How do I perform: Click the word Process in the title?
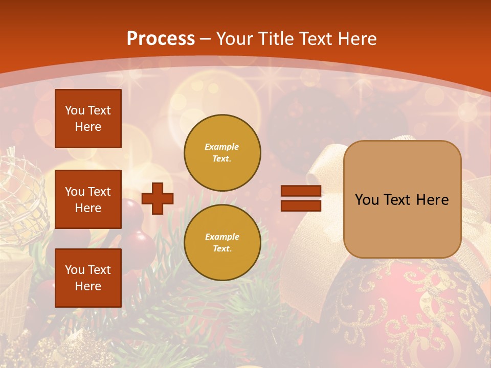pos(161,39)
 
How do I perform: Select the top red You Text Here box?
pos(88,119)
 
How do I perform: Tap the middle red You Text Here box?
pos(88,199)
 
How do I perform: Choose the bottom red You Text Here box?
pos(88,278)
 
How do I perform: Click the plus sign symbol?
pos(158,198)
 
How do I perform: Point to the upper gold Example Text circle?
pos(222,153)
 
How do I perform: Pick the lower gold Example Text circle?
pos(222,243)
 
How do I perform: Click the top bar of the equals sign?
pos(301,191)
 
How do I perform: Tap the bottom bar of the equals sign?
pos(301,205)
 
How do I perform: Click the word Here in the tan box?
pos(432,200)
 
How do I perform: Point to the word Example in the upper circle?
pos(222,147)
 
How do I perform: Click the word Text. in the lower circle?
pos(222,249)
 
